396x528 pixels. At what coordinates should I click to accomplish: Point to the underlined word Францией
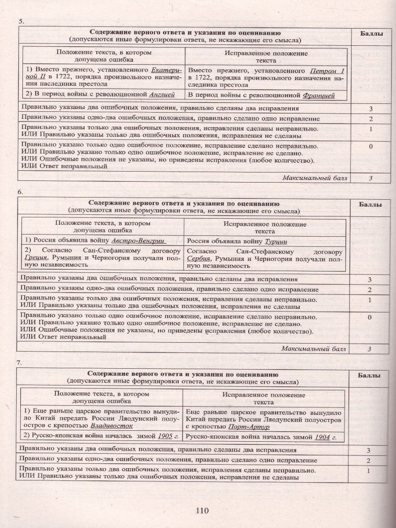click(319, 95)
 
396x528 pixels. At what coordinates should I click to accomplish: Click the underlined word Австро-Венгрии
click(139, 241)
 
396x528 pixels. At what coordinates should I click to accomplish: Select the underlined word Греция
click(34, 258)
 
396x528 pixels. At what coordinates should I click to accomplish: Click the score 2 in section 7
click(369, 461)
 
